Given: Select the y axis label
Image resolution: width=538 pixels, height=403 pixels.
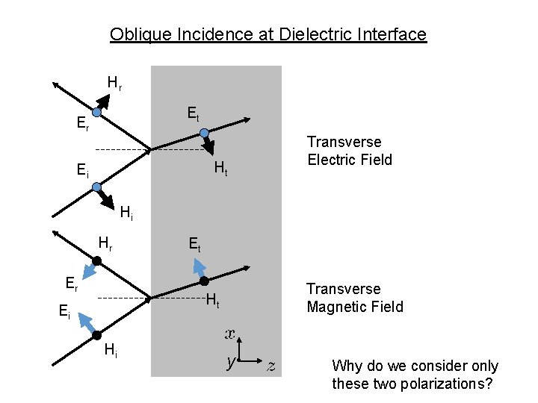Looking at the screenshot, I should [232, 363].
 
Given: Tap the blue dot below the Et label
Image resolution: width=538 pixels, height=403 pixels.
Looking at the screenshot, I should [204, 132].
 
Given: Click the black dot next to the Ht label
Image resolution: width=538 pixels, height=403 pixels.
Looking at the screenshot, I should [203, 281].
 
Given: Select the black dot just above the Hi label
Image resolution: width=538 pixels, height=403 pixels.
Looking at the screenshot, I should [97, 333].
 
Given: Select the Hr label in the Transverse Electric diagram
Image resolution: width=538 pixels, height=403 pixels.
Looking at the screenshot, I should [114, 83].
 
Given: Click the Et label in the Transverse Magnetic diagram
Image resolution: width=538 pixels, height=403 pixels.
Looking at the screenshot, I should [194, 243].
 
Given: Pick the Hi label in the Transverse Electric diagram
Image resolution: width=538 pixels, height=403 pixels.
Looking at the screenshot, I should [127, 214].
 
